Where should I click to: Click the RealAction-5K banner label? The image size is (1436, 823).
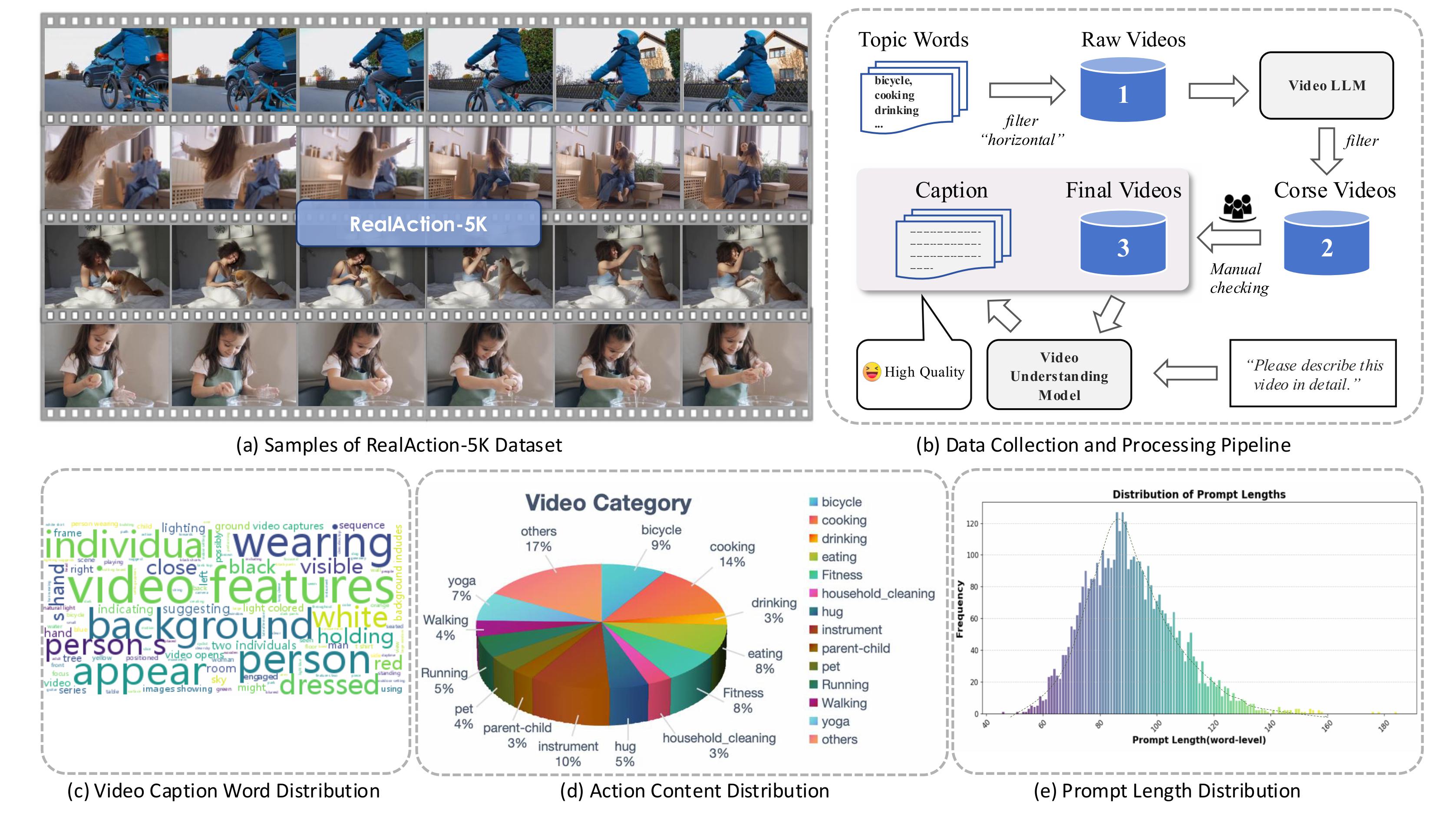(x=418, y=224)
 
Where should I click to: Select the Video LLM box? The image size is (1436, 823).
(x=1326, y=85)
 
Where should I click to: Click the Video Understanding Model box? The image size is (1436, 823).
(x=1059, y=375)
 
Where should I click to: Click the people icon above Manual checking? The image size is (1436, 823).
(x=1238, y=207)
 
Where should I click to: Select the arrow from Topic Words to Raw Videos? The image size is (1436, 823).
(x=1027, y=90)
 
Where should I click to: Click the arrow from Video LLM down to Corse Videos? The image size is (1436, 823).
(x=1326, y=150)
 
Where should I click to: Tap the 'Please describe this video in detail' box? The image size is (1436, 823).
(x=1313, y=374)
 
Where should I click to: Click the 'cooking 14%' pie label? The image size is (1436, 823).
(x=732, y=554)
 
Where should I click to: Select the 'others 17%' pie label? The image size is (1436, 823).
(x=538, y=539)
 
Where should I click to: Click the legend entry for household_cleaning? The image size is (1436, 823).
(x=877, y=593)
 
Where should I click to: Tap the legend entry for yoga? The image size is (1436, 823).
(x=835, y=721)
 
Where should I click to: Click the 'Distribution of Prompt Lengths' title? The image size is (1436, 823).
(x=1198, y=495)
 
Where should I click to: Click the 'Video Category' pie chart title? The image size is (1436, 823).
(x=608, y=502)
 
